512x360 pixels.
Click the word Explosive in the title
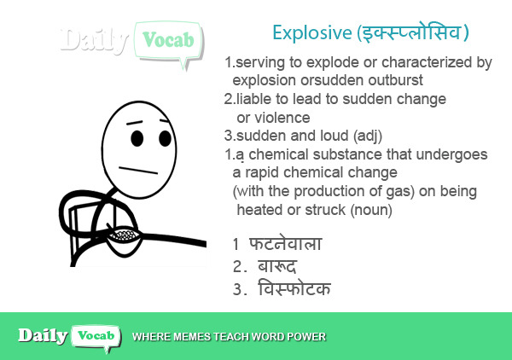tap(312, 32)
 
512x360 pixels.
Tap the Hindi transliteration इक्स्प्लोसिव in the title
tap(412, 32)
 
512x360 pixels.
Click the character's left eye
tap(137, 138)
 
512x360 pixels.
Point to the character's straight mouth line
tap(138, 170)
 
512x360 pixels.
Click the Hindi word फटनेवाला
tap(286, 243)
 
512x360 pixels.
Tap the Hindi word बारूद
tap(276, 266)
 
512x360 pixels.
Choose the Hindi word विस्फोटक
tap(294, 288)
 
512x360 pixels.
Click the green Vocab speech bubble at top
tap(168, 41)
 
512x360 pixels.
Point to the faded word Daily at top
tap(95, 40)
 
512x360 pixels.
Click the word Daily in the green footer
tap(43, 335)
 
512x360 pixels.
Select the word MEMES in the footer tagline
tap(192, 337)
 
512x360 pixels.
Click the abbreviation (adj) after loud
tap(368, 136)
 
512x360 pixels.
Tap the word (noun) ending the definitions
tap(371, 210)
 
